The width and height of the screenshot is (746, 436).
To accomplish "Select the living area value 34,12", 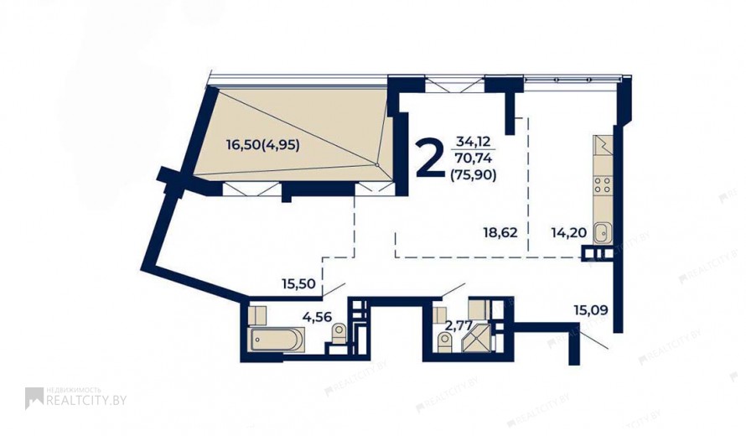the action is click(x=473, y=141).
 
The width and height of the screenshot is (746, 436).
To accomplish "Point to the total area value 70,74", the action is click(x=474, y=158).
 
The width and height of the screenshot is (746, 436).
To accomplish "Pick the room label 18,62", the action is click(x=500, y=233).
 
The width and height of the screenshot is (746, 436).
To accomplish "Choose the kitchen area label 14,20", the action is click(x=568, y=233).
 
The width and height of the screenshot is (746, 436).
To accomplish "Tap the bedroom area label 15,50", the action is click(x=298, y=284).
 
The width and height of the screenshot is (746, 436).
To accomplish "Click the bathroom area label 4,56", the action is click(x=318, y=317).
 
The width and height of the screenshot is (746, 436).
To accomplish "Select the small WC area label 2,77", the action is click(x=458, y=326).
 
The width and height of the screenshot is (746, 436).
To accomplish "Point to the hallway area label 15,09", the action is click(x=591, y=311).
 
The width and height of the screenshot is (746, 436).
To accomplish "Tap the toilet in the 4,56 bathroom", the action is click(x=339, y=333).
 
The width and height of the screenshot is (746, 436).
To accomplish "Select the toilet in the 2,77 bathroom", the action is click(x=444, y=342).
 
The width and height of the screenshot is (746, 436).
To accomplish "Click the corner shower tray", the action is click(x=477, y=337).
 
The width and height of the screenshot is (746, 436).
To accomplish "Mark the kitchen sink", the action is click(x=602, y=234).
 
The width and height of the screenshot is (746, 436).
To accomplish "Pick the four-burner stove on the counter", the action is click(x=602, y=184).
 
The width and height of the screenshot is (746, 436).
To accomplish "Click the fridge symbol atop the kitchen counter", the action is click(x=602, y=144).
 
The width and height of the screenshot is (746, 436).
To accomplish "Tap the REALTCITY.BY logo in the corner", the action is click(x=75, y=398).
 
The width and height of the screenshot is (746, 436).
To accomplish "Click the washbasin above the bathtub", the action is click(x=257, y=315).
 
